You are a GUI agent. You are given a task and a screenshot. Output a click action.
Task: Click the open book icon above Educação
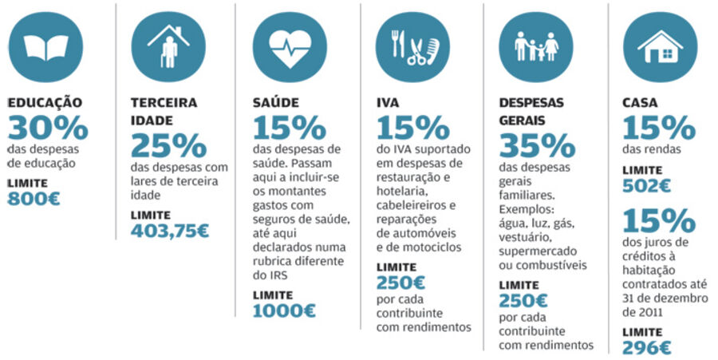45,46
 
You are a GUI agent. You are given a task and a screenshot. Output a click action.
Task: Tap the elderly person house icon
168,46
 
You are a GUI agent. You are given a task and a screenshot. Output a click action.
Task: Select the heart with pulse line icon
290,46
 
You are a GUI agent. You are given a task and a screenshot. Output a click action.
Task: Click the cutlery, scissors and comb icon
414,46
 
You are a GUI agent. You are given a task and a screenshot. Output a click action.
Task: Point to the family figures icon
536,46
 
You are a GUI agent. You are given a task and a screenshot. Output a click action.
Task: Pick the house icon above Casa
660,46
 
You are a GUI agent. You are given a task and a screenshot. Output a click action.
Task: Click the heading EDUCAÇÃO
45,103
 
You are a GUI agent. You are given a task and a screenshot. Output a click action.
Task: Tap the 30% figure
47,127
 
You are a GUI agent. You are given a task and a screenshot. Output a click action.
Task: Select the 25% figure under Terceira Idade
168,145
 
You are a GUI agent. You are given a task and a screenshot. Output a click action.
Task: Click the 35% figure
536,145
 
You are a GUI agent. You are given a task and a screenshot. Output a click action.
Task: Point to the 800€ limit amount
34,199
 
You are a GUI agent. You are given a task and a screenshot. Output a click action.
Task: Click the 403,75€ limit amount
169,231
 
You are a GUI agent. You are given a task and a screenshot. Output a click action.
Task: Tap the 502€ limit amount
646,185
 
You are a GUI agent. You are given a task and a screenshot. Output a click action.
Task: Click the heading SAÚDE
276,103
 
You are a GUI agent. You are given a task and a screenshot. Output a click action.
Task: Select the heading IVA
388,103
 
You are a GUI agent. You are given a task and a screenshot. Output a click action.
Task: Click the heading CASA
639,103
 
